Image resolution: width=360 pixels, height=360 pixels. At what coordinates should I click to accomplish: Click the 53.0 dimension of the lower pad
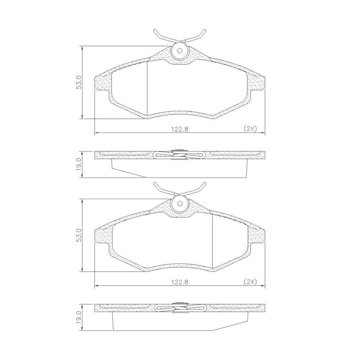pyautogui.click(x=79, y=235)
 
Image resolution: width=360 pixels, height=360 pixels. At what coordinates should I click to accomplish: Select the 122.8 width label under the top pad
pyautogui.click(x=180, y=129)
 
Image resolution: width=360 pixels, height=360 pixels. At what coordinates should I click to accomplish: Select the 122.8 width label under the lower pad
pyautogui.click(x=180, y=282)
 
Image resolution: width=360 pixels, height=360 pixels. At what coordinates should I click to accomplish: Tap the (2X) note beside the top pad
pyautogui.click(x=250, y=129)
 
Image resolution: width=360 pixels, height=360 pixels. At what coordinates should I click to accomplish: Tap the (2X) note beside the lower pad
pyautogui.click(x=250, y=282)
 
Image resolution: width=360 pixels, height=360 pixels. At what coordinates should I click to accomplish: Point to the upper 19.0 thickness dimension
pyautogui.click(x=79, y=165)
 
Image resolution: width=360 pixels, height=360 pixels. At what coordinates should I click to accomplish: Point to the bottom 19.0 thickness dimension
pyautogui.click(x=79, y=318)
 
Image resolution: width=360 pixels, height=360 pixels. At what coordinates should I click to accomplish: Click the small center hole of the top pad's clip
pyautogui.click(x=180, y=51)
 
